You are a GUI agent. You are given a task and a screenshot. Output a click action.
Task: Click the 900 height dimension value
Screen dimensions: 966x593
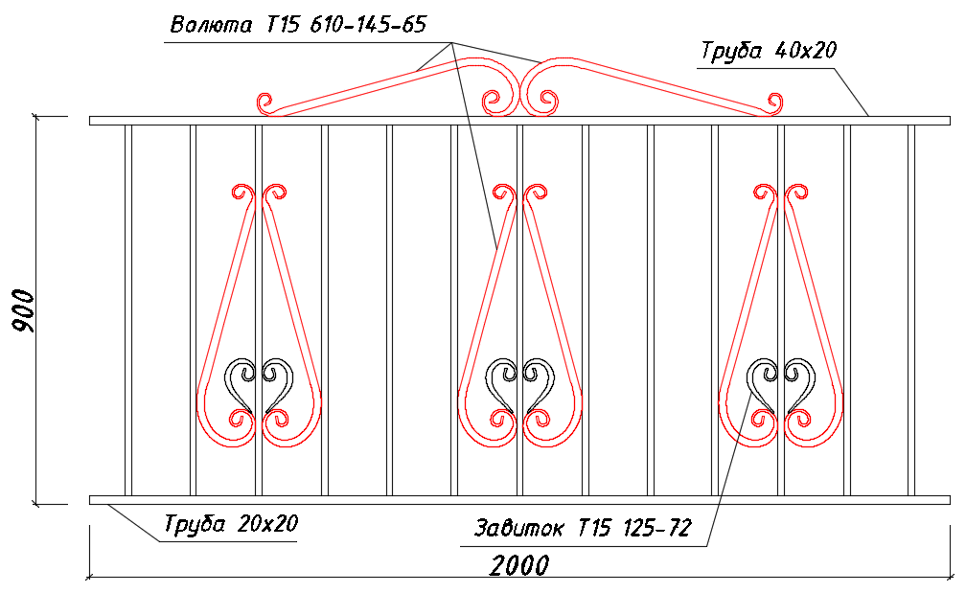pyautogui.click(x=25, y=310)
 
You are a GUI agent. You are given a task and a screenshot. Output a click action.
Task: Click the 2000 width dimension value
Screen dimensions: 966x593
pyautogui.click(x=519, y=565)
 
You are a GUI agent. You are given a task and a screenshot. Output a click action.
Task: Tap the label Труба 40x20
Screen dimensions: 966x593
pyautogui.click(x=769, y=51)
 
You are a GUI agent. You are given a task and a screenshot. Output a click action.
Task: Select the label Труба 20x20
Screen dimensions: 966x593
pyautogui.click(x=231, y=524)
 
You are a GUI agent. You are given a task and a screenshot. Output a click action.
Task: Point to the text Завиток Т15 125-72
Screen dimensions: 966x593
pyautogui.click(x=583, y=528)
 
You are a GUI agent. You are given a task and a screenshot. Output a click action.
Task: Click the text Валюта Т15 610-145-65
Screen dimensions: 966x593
pyautogui.click(x=298, y=25)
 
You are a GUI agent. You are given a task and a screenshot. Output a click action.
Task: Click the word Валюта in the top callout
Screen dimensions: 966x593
pyautogui.click(x=211, y=25)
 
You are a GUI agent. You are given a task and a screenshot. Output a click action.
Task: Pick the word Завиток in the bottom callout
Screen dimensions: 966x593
pyautogui.click(x=518, y=528)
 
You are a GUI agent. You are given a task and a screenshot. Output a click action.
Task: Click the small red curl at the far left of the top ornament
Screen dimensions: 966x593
pyautogui.click(x=265, y=103)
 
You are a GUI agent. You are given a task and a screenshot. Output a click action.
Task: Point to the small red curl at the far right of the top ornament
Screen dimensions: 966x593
pyautogui.click(x=774, y=103)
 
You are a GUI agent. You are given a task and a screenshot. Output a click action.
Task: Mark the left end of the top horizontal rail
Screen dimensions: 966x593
pyautogui.click(x=90, y=121)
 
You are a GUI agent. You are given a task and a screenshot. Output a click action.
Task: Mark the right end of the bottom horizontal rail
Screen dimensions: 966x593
pyautogui.click(x=950, y=500)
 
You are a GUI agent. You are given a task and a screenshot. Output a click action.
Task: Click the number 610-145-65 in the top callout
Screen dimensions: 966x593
pyautogui.click(x=368, y=25)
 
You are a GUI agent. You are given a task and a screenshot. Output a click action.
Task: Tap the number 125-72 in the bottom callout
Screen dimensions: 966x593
pyautogui.click(x=657, y=528)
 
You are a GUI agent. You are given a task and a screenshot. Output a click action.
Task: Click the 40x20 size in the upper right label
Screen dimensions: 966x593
pyautogui.click(x=806, y=51)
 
